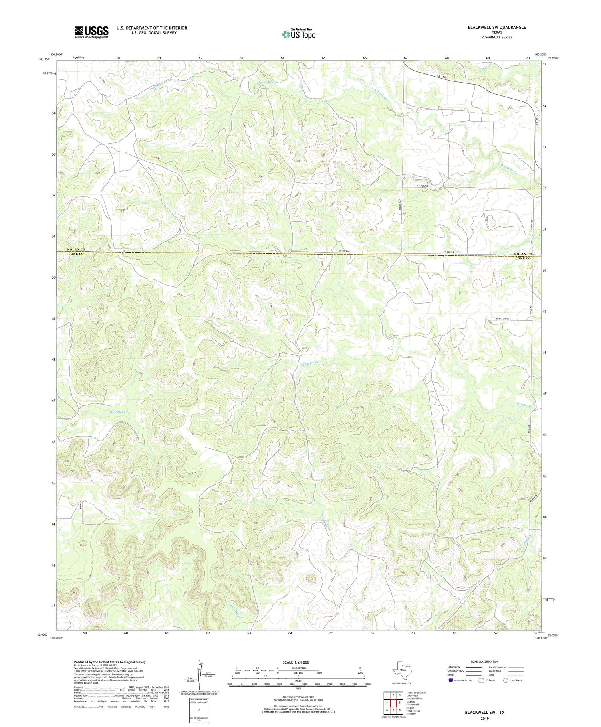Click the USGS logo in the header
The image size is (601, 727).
click(x=91, y=32)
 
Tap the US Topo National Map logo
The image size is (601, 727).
click(x=298, y=34)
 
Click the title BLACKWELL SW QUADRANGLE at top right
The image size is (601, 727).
click(x=496, y=27)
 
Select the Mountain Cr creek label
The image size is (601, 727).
click(x=325, y=522)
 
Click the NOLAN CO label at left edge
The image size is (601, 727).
click(x=76, y=249)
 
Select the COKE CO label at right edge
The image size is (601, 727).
click(x=523, y=259)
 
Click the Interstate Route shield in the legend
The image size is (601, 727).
click(x=450, y=680)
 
